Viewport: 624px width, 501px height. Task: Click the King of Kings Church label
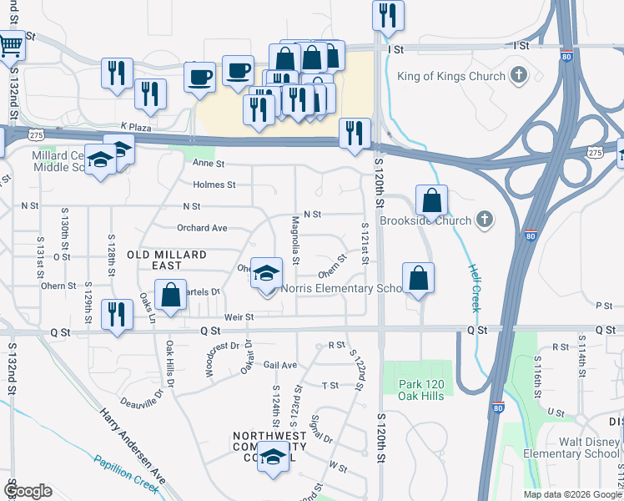[451, 77]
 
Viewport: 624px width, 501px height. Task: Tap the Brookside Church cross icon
[484, 221]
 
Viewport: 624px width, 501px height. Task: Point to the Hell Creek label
[474, 288]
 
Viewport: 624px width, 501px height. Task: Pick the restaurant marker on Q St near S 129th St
[117, 314]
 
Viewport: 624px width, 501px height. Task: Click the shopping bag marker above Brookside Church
[431, 200]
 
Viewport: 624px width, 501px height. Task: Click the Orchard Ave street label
[202, 228]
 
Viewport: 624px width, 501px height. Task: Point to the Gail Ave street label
[280, 365]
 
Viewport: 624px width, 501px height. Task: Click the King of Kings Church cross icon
[519, 77]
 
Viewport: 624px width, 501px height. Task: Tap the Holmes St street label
[214, 185]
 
